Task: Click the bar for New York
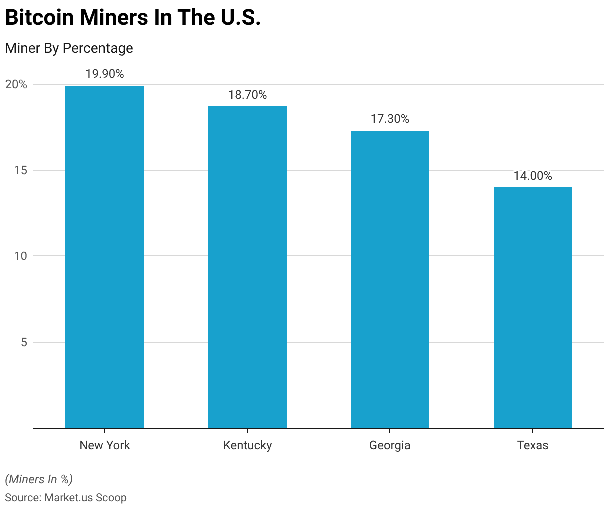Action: coord(104,257)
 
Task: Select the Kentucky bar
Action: coord(247,267)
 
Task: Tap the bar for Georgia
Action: coord(390,279)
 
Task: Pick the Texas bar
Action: coord(533,307)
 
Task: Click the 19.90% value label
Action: coord(104,74)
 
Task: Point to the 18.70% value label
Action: coord(247,95)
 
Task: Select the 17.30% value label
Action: coord(390,119)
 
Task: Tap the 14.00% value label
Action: coord(533,176)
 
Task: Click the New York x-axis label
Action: coord(104,445)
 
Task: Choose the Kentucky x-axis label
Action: coord(247,445)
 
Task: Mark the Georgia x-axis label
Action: coord(390,445)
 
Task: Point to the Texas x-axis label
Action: coord(533,445)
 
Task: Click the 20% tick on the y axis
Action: coord(16,84)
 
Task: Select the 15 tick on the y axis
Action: coord(20,170)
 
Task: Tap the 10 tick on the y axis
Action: coord(20,256)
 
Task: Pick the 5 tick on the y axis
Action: coord(23,342)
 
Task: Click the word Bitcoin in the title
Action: coord(39,18)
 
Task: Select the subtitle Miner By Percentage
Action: coord(69,48)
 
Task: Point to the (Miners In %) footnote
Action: coord(39,479)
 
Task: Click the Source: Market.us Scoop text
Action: coord(66,497)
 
